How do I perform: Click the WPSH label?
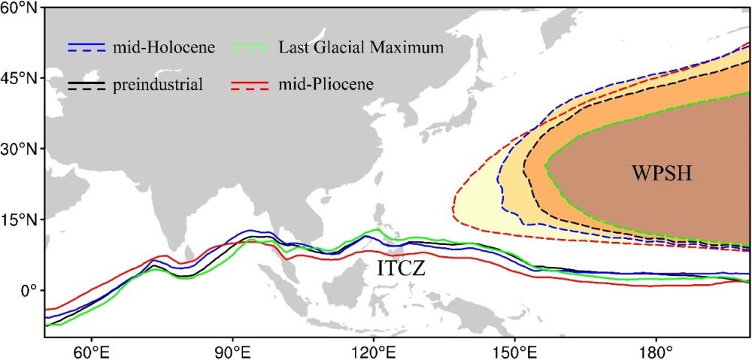coord(661,175)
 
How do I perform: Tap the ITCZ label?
coord(402,267)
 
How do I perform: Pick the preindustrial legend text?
coord(158,84)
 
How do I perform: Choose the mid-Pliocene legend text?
coord(325,84)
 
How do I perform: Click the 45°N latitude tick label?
coord(20,78)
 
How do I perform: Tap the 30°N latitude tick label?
coord(20,149)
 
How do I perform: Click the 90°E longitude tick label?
coord(232,351)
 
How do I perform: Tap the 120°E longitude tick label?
coord(374,351)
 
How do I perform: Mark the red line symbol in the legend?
coord(247,84)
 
